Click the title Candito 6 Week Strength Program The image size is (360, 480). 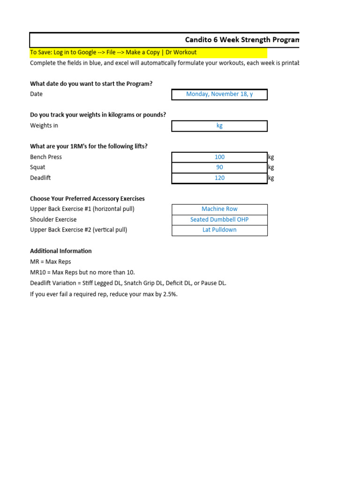[242, 40]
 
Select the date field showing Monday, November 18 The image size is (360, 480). [219, 94]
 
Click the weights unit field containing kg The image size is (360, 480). [219, 126]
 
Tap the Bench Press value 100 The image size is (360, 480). [219, 157]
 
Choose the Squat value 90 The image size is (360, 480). [219, 167]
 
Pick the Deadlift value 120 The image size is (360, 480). [219, 178]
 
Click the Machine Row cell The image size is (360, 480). [219, 209]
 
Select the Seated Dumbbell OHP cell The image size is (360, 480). [219, 219]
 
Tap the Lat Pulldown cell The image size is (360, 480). [219, 230]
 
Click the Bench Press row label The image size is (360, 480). [46, 157]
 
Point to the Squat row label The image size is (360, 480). [38, 167]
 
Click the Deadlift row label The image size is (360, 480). [40, 178]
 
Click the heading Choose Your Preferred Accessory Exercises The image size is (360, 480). [87, 199]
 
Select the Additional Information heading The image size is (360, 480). [61, 251]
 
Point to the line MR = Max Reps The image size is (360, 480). [51, 262]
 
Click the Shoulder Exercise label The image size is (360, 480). [53, 219]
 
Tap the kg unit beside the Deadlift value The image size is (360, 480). [271, 178]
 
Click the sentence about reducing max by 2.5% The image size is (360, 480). [104, 294]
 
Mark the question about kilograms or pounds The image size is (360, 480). [98, 115]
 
